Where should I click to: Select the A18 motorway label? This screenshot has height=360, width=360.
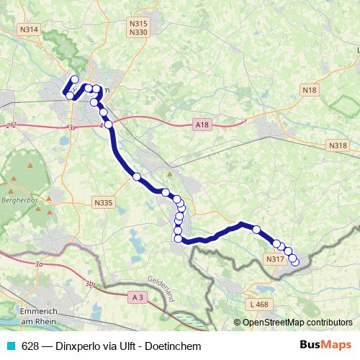pos(202,125)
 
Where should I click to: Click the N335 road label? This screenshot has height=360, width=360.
pos(104,203)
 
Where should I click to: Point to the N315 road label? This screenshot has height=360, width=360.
pos(138,24)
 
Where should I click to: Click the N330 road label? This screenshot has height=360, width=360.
pos(138,32)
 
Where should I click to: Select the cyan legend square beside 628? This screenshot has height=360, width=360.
pos(10,346)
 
